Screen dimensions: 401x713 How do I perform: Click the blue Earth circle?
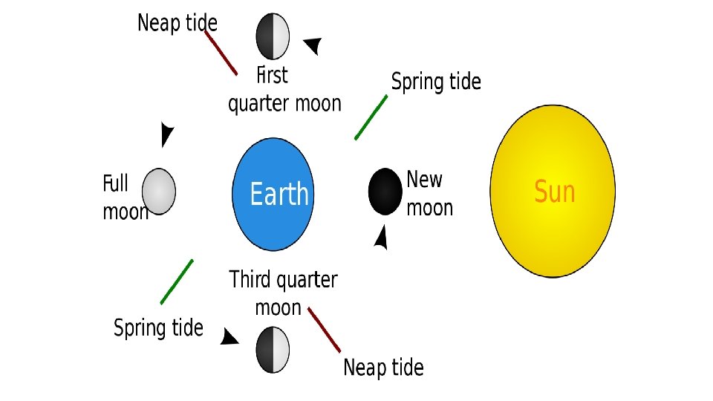click(273, 194)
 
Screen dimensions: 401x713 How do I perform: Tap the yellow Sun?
click(553, 192)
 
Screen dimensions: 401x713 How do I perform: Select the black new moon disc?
click(385, 191)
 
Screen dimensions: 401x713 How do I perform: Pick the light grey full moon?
click(158, 190)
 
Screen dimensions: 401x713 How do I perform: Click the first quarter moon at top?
click(273, 36)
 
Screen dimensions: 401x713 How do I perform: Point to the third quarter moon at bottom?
click(273, 348)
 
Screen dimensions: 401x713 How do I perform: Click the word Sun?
click(555, 192)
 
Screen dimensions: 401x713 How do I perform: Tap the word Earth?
click(279, 195)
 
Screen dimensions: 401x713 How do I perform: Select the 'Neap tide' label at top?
click(178, 23)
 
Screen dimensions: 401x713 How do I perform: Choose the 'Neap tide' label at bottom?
click(383, 368)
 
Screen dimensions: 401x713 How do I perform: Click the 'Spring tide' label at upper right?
click(436, 82)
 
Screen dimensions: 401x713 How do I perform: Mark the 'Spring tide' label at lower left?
click(158, 327)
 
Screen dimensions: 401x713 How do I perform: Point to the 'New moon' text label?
click(429, 193)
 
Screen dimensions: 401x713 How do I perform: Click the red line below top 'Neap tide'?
click(221, 52)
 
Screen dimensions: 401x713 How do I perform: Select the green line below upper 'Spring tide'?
click(371, 117)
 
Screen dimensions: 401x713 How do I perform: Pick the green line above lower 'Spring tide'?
click(177, 281)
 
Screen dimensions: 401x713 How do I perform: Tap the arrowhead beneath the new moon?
click(382, 238)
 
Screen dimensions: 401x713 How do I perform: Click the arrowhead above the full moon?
click(168, 134)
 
